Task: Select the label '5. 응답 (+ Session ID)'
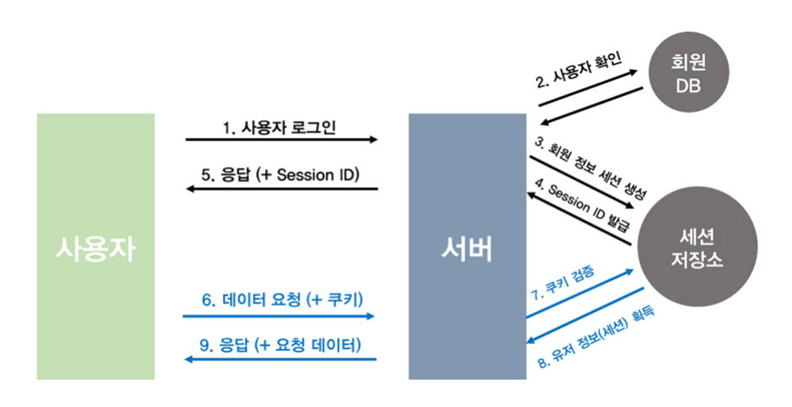tap(281, 175)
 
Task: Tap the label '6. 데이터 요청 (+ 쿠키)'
tap(281, 299)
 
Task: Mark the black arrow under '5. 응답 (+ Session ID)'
tap(281, 189)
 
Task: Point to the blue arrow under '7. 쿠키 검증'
tap(579, 295)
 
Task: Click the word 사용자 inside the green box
tap(95, 248)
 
